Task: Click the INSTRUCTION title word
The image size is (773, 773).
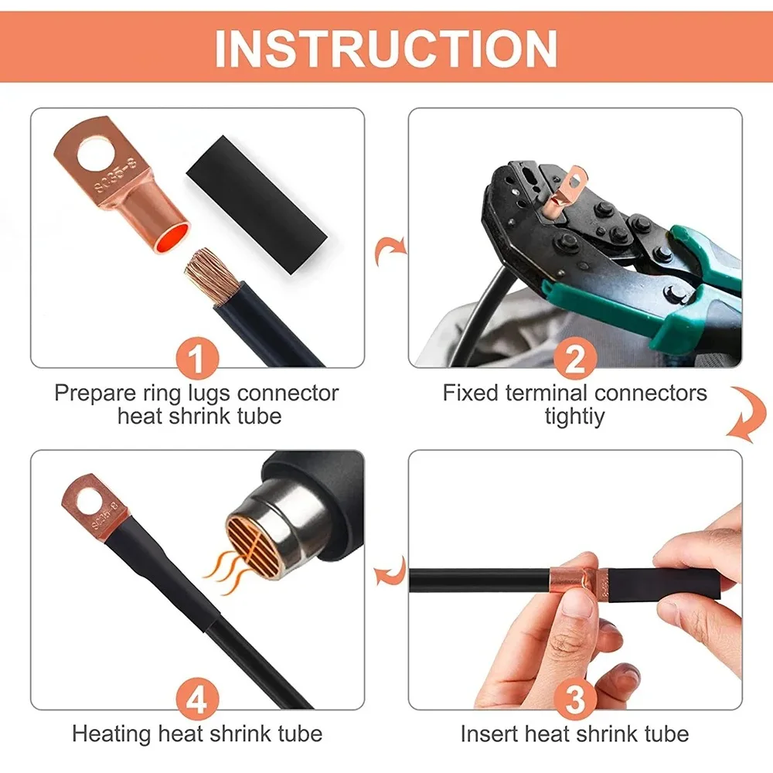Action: tap(386, 49)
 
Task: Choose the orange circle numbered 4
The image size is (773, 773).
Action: tap(198, 700)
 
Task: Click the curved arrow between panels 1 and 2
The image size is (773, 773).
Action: tap(387, 251)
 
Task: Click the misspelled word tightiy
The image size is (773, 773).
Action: tap(575, 416)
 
